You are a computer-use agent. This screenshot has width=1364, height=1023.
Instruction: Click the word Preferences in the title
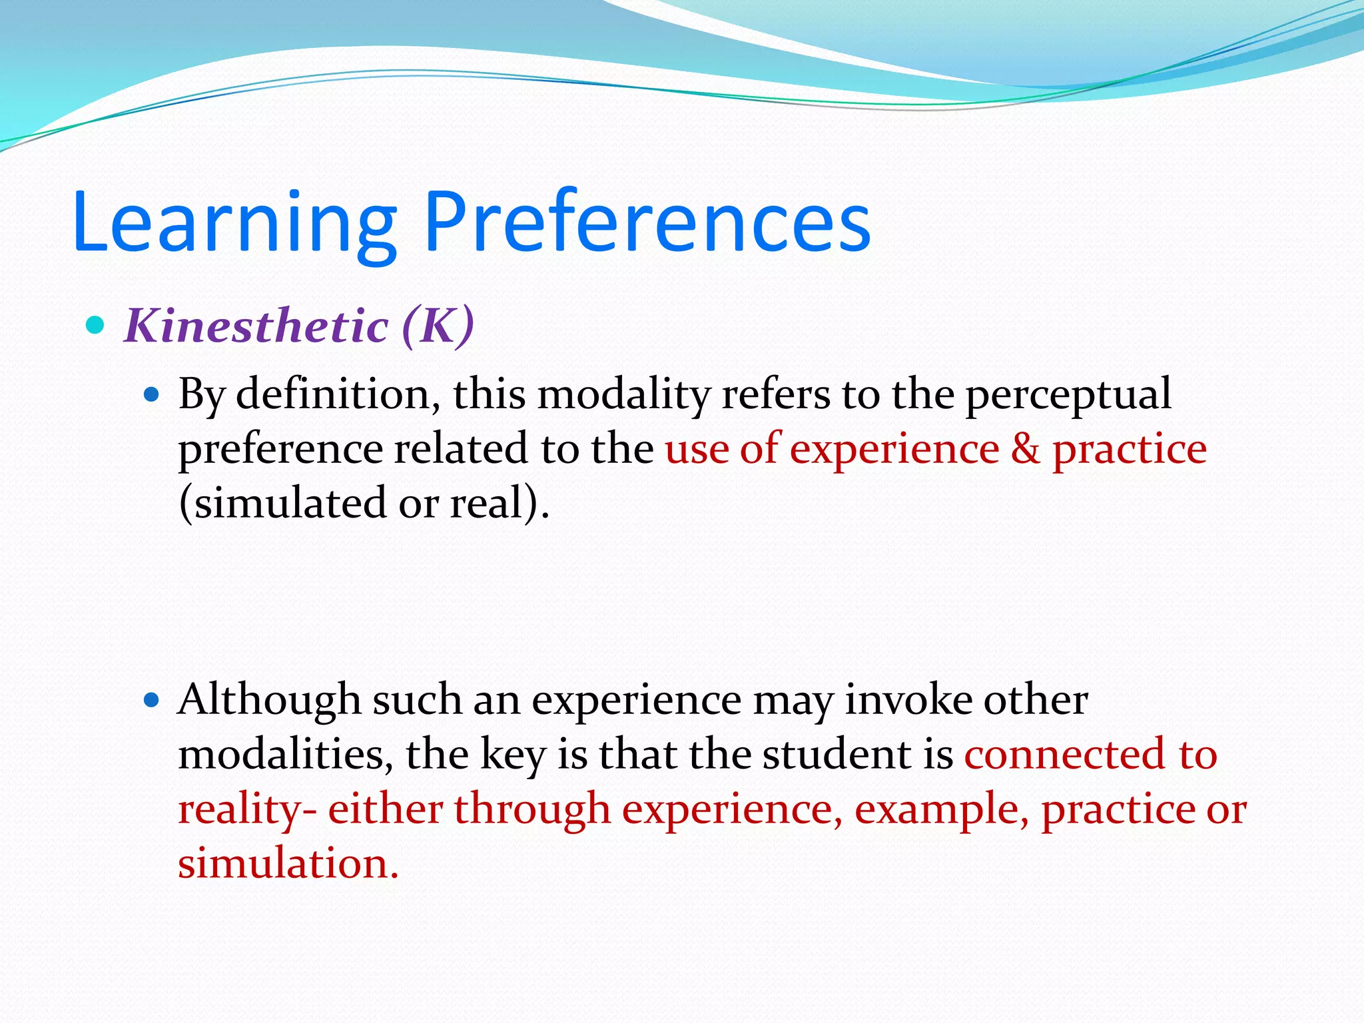coord(646,223)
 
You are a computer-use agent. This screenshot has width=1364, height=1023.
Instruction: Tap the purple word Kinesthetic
coord(256,326)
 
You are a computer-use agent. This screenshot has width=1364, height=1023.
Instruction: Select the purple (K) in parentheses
coord(438,326)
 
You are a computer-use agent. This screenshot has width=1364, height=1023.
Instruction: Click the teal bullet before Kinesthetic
coord(96,326)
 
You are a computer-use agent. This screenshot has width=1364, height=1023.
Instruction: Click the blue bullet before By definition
coord(153,395)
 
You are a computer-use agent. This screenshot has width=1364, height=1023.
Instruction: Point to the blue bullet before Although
coord(153,701)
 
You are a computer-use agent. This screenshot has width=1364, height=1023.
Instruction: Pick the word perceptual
coord(1068,395)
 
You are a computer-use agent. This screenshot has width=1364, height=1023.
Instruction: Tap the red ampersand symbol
coord(1026,448)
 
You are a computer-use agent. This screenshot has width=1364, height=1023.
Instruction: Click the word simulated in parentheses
coord(283,503)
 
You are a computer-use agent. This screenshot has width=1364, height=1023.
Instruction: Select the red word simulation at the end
coord(287,864)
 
